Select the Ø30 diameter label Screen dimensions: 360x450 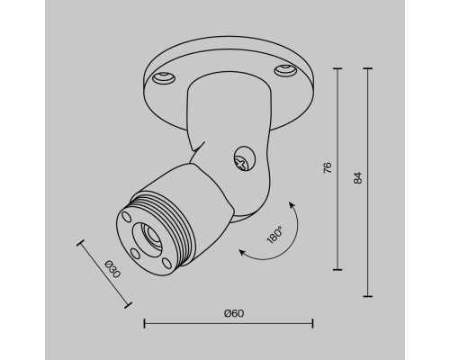click(112, 268)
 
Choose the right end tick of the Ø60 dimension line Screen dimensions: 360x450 click(312, 322)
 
